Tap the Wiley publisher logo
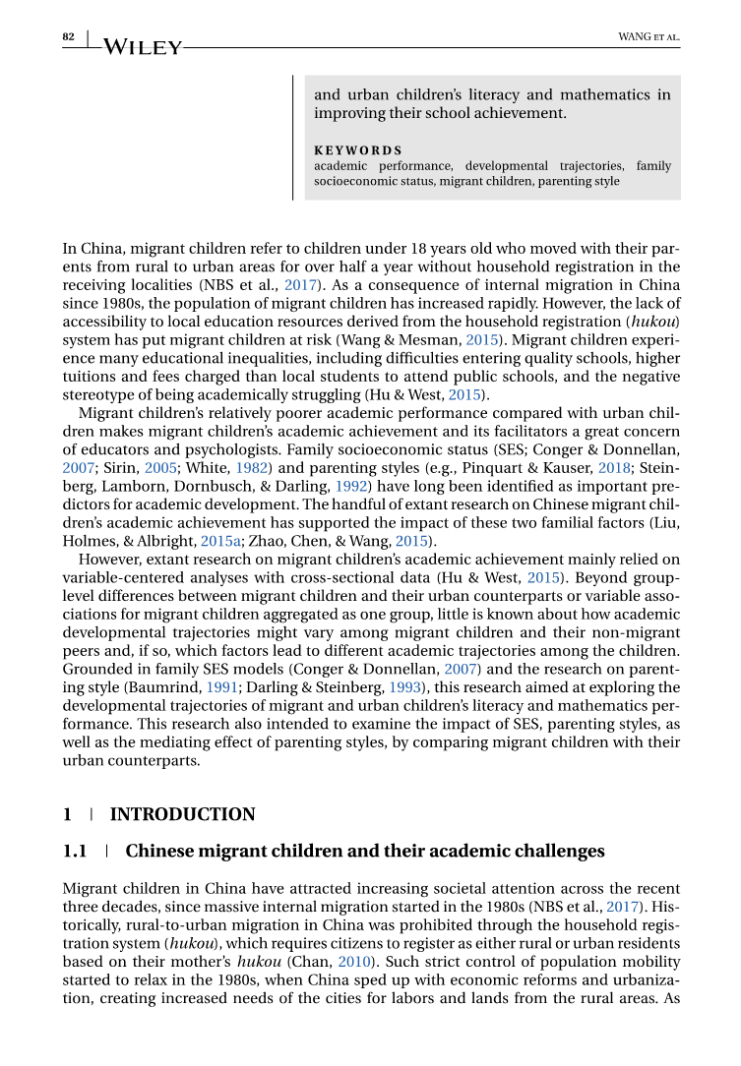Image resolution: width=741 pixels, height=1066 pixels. (x=142, y=46)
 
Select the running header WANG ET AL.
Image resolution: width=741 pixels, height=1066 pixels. (x=648, y=37)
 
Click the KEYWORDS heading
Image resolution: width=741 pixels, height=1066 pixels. (x=357, y=150)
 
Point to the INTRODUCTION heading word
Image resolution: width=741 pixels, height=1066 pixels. (x=182, y=814)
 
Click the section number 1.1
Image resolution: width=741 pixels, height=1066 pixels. (x=75, y=851)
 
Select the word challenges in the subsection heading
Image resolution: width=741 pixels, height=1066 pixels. (x=559, y=851)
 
